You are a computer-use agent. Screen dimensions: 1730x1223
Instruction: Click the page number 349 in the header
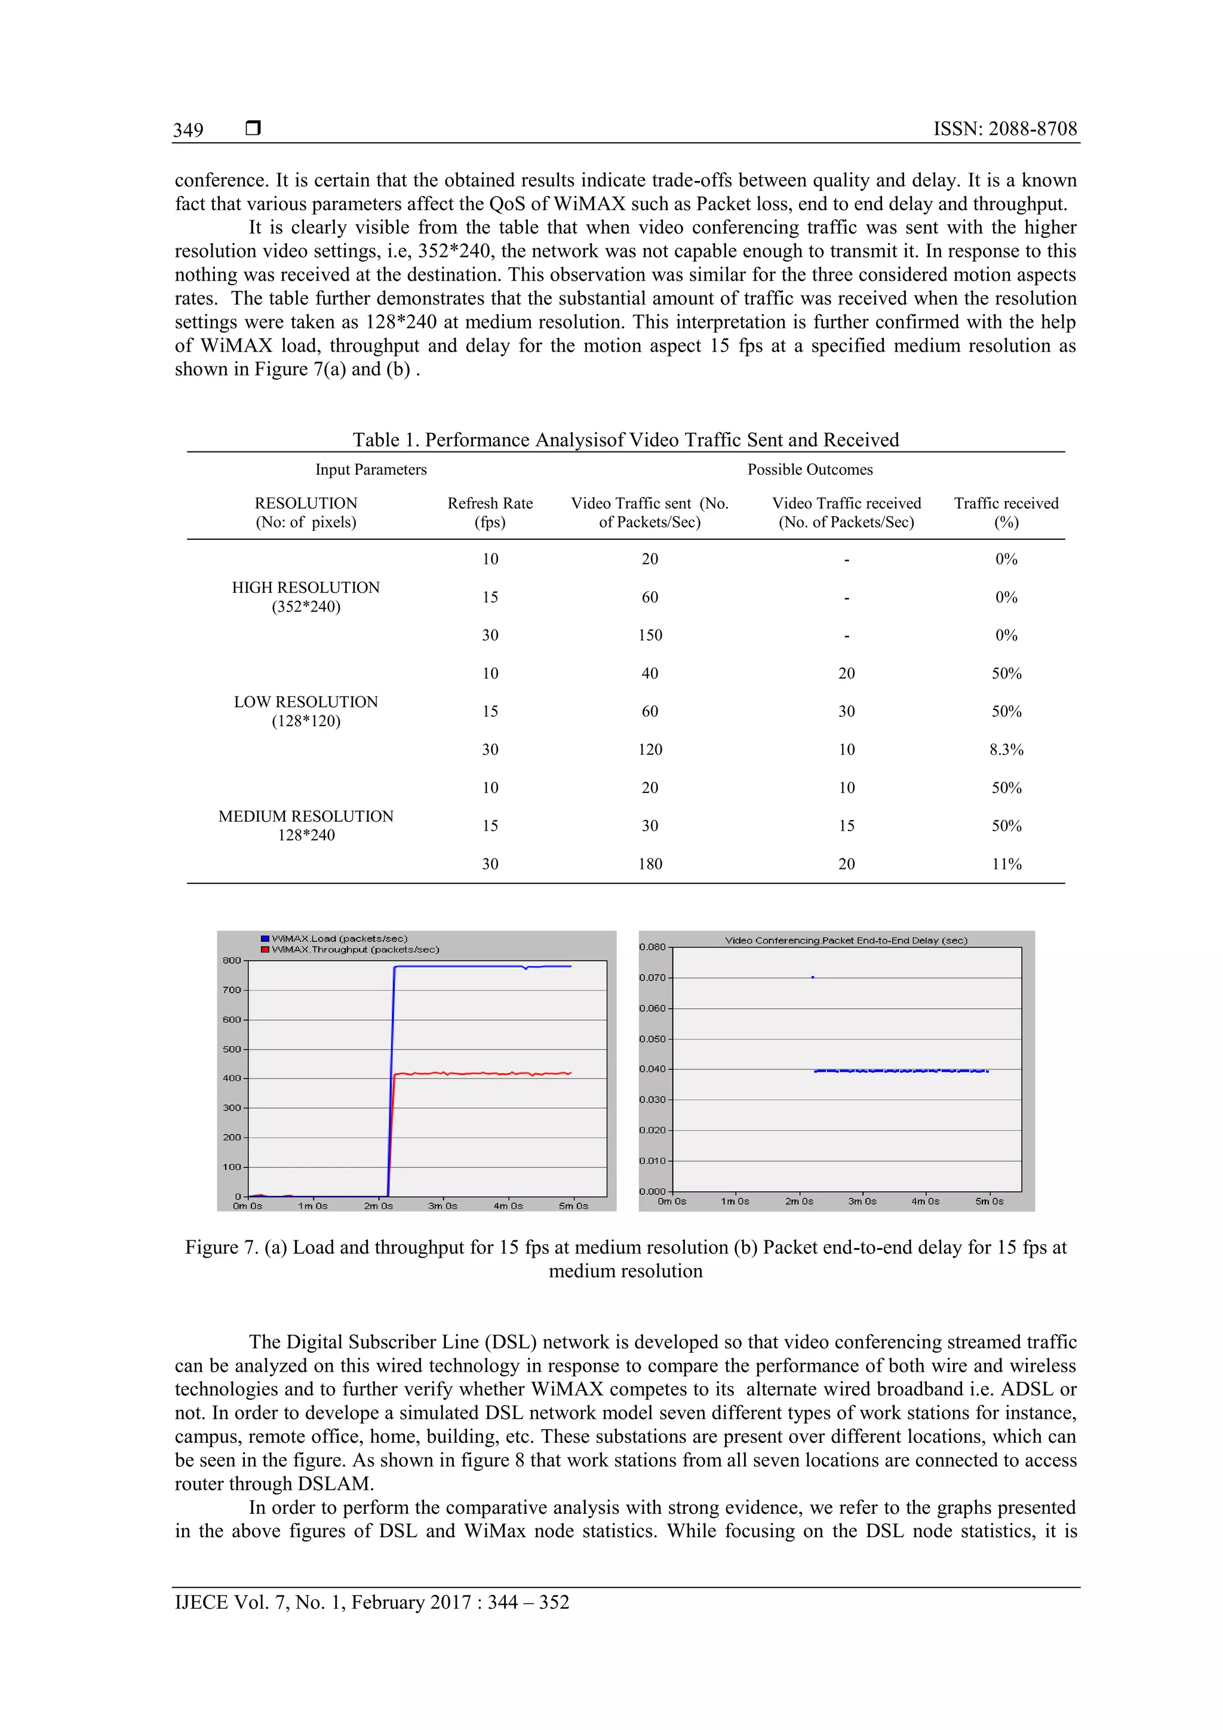pyautogui.click(x=188, y=130)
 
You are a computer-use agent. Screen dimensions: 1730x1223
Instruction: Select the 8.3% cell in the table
pyautogui.click(x=1006, y=749)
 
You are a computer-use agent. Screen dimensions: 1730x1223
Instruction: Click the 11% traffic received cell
pyautogui.click(x=1006, y=864)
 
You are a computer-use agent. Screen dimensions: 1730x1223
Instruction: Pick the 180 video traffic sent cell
pyautogui.click(x=650, y=864)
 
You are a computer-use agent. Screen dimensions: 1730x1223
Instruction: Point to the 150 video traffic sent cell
pyautogui.click(x=650, y=635)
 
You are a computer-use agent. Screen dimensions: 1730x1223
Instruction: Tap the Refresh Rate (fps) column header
pyautogui.click(x=490, y=512)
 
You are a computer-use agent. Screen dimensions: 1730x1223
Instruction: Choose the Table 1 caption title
pyautogui.click(x=625, y=440)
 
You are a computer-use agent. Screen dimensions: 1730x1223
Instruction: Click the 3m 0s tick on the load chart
pyautogui.click(x=443, y=1206)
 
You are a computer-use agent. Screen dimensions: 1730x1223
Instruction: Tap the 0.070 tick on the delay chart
pyautogui.click(x=652, y=978)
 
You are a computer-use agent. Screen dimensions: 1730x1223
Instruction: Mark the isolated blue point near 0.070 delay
pyautogui.click(x=812, y=978)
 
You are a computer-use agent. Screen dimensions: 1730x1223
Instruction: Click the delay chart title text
pyautogui.click(x=846, y=941)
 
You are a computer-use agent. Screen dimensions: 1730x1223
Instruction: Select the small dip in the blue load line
pyautogui.click(x=526, y=968)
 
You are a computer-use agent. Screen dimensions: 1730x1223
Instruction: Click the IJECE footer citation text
pyautogui.click(x=371, y=1602)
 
